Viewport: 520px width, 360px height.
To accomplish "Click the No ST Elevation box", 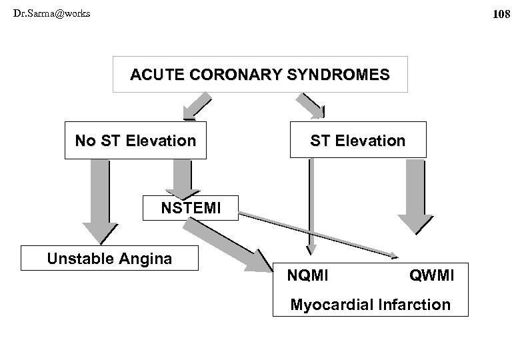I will (135, 141).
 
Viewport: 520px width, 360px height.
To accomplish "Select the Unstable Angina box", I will (109, 259).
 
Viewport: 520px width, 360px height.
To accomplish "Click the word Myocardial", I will (332, 305).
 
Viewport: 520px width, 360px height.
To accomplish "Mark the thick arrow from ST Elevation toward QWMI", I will (414, 193).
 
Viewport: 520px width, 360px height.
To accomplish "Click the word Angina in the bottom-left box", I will (147, 259).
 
